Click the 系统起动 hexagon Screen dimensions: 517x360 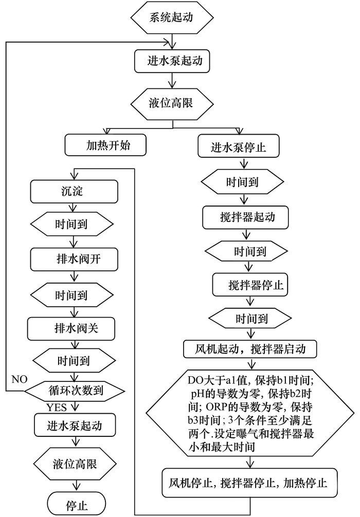click(172, 17)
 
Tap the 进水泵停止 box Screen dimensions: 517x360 click(238, 147)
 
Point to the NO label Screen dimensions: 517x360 click(19, 379)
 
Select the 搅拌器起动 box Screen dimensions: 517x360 click(245, 217)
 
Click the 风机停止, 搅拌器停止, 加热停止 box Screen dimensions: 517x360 click(251, 483)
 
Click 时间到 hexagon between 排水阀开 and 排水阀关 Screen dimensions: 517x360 click(71, 295)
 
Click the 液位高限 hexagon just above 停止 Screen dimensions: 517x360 click(76, 464)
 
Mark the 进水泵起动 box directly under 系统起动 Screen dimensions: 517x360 click(172, 61)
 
